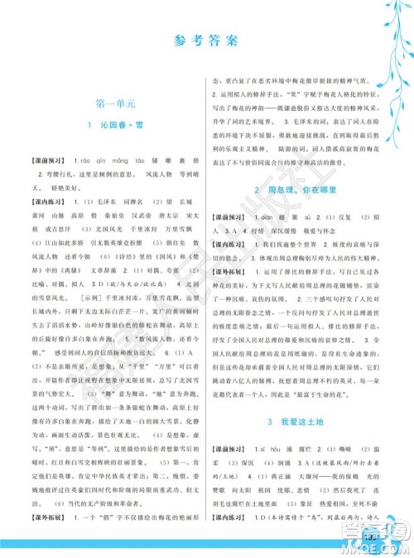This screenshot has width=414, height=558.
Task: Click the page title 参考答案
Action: pyautogui.click(x=208, y=40)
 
